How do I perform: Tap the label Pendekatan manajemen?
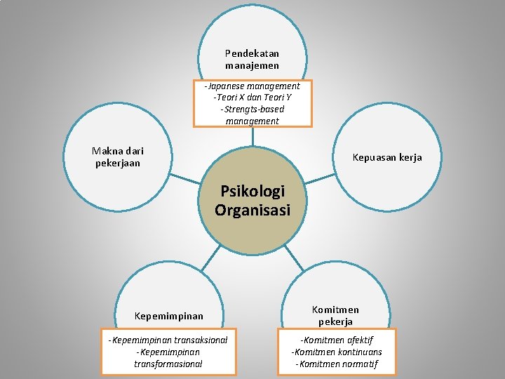point(252,59)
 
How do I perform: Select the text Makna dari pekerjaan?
point(118,157)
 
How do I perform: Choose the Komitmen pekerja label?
point(335,315)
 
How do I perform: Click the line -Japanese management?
point(252,86)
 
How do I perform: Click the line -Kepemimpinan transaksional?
point(168,340)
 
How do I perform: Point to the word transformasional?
point(168,364)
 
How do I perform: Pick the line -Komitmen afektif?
point(337,340)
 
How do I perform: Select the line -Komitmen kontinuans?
point(337,352)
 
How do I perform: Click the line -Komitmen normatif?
point(337,364)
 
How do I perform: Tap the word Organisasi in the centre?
point(252,209)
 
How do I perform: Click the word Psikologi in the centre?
point(252,191)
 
